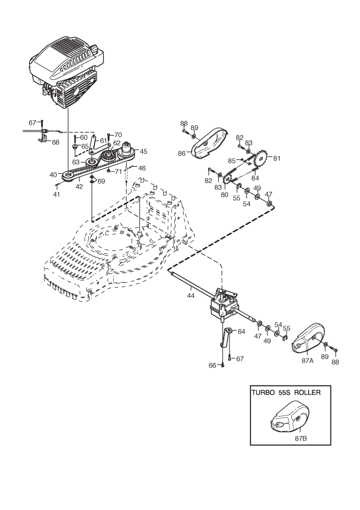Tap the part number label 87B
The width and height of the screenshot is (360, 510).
[301, 438]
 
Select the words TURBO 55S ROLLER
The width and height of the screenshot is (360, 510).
[286, 392]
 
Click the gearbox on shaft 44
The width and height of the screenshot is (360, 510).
[224, 304]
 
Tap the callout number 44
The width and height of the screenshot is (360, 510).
[191, 296]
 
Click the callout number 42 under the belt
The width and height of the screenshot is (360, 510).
[79, 187]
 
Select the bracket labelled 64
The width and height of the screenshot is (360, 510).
[226, 338]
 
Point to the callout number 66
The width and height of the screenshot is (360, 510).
[212, 366]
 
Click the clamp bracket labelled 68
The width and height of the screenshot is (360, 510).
[43, 139]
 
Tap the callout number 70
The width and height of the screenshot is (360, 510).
[118, 135]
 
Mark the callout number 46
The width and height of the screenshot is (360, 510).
[142, 168]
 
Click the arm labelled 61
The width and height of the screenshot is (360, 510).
[95, 144]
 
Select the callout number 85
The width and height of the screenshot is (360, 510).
[232, 161]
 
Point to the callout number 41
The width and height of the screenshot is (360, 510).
[57, 194]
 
